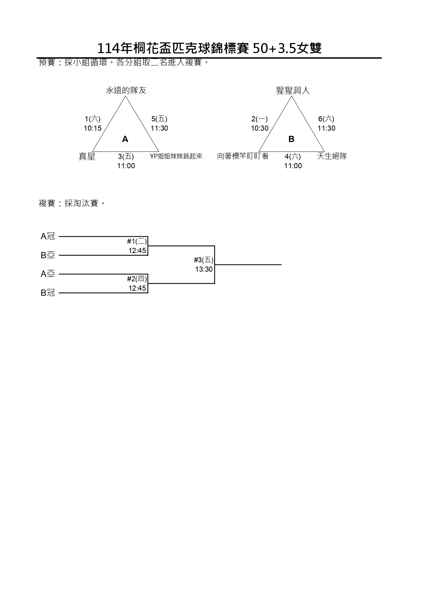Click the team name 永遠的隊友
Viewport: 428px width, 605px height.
point(126,91)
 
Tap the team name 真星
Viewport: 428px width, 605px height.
point(87,157)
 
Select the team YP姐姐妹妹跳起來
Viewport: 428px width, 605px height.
point(176,156)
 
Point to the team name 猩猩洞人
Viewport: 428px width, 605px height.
point(293,91)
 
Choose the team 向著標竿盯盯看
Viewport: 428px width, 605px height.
point(243,156)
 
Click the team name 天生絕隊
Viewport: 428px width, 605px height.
point(332,156)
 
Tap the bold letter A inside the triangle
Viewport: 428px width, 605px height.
point(125,139)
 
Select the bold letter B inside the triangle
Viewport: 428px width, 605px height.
point(291,139)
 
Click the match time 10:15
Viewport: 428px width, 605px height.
point(92,128)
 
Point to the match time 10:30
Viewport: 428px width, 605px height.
point(259,128)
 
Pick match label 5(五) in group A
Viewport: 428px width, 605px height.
point(159,119)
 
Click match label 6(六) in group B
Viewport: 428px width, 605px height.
point(326,119)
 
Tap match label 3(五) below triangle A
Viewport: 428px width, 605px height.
point(126,157)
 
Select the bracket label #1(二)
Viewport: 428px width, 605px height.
point(137,241)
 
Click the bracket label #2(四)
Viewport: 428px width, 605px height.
point(137,279)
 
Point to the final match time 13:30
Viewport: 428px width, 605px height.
point(204,269)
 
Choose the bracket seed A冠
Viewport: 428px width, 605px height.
point(48,236)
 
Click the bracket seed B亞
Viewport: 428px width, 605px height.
point(48,255)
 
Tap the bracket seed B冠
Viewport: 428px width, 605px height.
point(48,293)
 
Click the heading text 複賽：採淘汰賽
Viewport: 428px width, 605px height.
point(72,203)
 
